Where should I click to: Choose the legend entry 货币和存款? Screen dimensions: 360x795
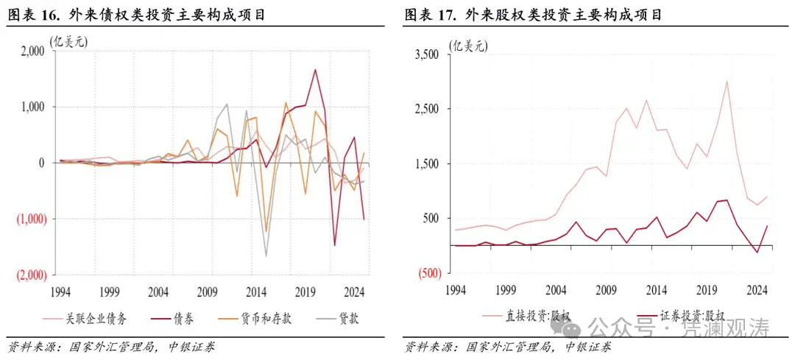(262, 318)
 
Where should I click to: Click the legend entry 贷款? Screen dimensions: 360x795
(340, 318)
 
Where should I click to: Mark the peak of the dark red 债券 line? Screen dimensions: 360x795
(315, 70)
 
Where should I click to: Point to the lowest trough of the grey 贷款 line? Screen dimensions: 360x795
(266, 256)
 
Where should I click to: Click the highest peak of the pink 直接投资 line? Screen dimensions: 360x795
(727, 81)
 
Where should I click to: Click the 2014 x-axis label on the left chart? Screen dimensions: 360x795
(257, 290)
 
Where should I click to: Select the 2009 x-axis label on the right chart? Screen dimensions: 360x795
(605, 290)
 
